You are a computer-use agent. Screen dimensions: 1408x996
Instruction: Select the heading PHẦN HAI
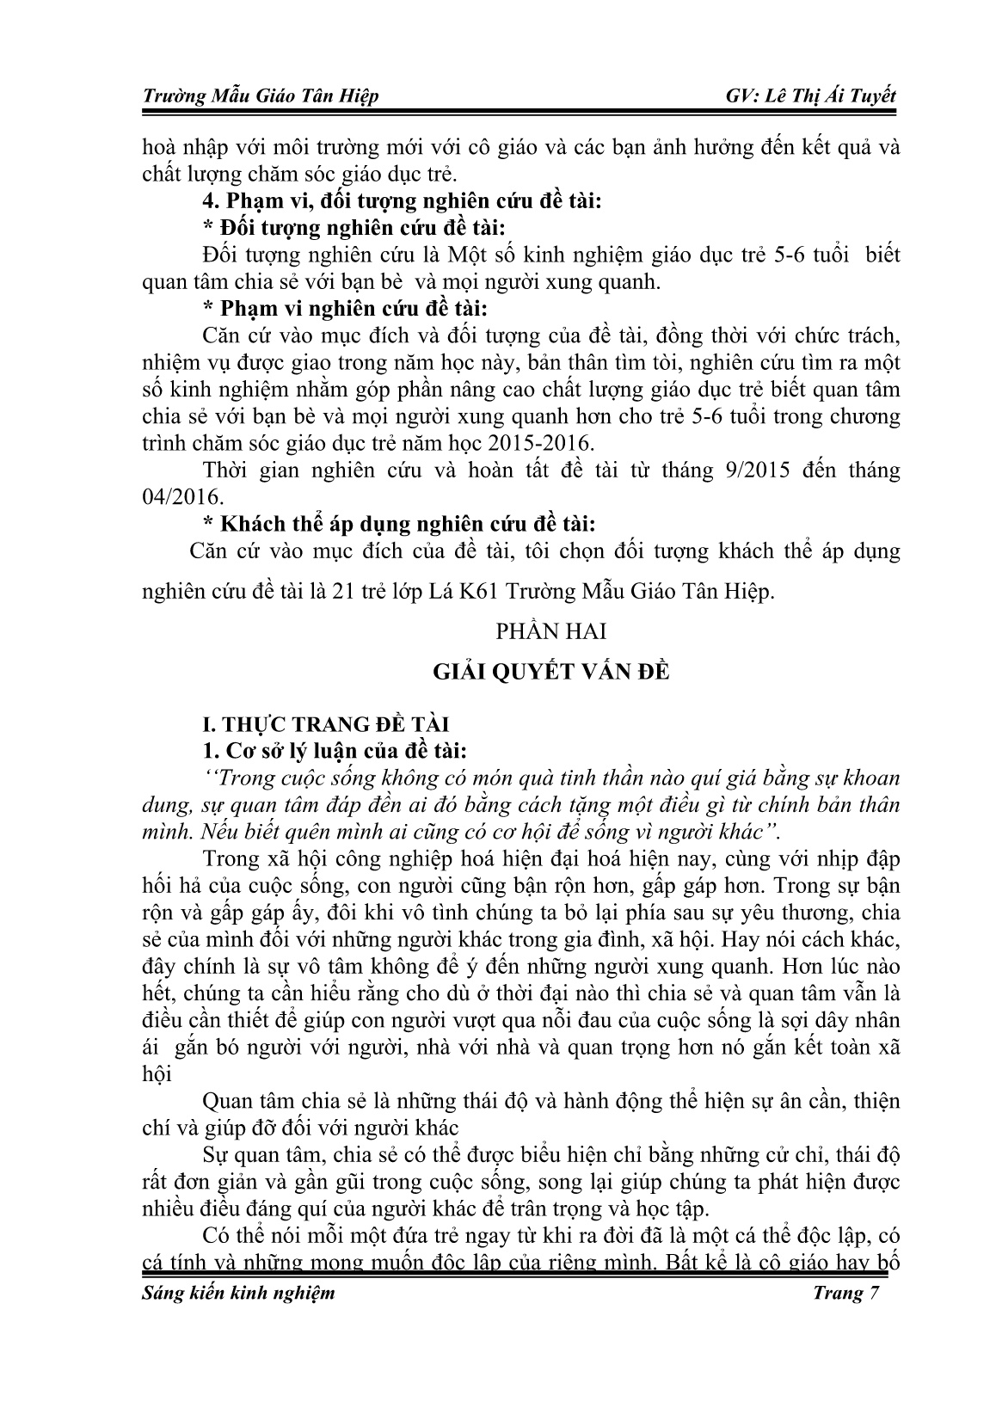551,631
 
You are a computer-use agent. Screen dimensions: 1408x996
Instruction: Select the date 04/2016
174,497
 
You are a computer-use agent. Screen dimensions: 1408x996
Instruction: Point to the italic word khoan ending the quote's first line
868,778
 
